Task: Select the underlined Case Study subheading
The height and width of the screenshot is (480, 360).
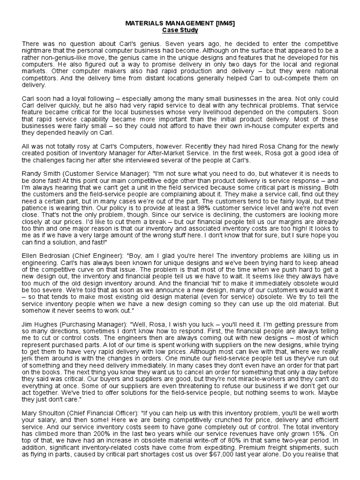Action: (x=180, y=30)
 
